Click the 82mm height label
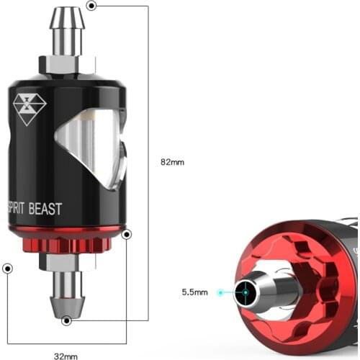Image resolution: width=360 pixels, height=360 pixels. (x=172, y=162)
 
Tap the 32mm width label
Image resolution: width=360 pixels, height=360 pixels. (x=66, y=355)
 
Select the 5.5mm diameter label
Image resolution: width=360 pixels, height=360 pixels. (x=194, y=292)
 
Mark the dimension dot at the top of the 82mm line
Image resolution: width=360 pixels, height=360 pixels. (x=91, y=6)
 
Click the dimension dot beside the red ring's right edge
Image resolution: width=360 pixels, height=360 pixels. (x=127, y=234)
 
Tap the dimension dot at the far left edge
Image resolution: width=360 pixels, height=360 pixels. (x=7, y=269)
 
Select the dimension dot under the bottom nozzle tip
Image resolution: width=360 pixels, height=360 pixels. (x=66, y=320)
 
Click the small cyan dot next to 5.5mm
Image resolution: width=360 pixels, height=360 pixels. (x=222, y=292)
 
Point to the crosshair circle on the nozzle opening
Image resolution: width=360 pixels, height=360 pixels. (x=246, y=292)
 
